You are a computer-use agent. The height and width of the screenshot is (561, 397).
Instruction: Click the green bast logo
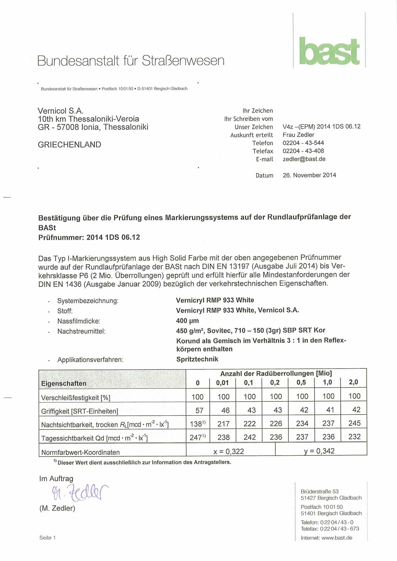329,51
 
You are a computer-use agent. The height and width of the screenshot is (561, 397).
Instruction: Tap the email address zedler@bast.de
304,159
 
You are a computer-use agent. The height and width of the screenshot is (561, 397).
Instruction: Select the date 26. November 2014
309,175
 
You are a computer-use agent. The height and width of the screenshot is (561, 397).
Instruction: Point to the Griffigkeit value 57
199,411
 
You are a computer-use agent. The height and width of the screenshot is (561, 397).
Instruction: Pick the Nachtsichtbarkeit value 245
354,423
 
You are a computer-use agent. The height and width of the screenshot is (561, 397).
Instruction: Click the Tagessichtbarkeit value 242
249,437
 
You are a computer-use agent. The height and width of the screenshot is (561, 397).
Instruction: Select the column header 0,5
301,382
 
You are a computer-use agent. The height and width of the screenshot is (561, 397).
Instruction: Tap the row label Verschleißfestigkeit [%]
76,398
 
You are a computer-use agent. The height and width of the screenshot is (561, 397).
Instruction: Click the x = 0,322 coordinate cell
229,451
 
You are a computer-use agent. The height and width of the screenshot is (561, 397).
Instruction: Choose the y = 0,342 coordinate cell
319,451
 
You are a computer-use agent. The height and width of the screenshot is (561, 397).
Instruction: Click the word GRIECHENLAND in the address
69,145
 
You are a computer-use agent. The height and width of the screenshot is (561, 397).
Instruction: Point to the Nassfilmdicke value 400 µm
187,321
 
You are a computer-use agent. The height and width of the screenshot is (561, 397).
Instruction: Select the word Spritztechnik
197,359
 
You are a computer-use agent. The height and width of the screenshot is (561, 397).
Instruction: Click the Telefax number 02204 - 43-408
303,151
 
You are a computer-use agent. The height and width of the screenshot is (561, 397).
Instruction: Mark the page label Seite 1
47,538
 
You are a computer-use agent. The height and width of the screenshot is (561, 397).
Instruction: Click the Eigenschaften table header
64,384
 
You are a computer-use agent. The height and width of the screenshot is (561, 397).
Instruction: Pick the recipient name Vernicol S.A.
60,111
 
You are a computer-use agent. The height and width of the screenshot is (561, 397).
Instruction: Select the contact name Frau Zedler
298,135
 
